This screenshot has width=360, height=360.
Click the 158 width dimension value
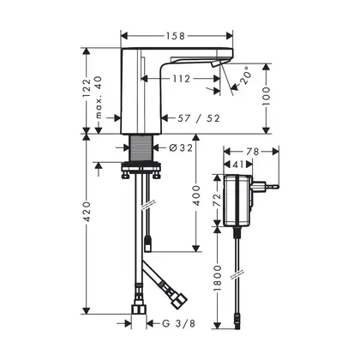point(175,36)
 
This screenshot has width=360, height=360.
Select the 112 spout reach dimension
point(182,79)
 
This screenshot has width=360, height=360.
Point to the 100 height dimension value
point(266,96)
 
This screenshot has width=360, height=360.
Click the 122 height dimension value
point(87,87)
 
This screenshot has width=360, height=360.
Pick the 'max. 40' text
point(99,97)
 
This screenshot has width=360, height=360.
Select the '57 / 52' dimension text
point(199,118)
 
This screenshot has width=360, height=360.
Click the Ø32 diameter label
point(181,147)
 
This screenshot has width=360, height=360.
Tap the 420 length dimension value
point(87,212)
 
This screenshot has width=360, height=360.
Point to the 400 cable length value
point(196,195)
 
